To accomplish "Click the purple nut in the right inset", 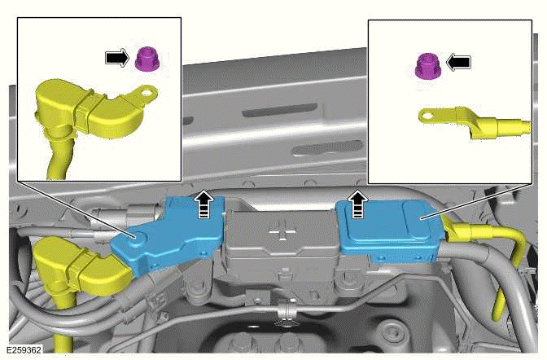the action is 428,66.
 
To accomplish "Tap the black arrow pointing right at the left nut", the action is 117,58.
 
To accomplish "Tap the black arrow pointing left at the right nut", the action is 458,63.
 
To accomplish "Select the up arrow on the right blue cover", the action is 357,204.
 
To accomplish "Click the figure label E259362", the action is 24,349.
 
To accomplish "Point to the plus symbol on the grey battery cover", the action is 283,230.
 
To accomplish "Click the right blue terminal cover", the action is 390,231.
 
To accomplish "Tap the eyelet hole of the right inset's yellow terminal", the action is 427,116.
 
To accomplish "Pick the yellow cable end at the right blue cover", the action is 485,238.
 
